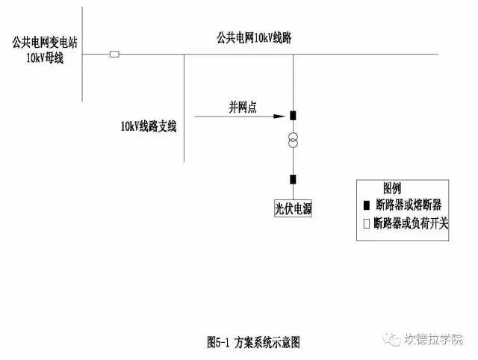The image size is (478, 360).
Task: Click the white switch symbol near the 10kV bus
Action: tap(114, 55)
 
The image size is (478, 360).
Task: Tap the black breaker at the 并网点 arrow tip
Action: tap(293, 116)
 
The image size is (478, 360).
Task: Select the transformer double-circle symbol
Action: tap(293, 140)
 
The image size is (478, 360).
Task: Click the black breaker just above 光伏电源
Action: tap(293, 179)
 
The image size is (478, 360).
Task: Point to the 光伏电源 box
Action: tap(293, 208)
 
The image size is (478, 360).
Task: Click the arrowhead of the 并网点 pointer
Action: tap(279, 116)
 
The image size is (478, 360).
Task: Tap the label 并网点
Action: tap(243, 108)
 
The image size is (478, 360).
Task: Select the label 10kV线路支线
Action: tap(149, 126)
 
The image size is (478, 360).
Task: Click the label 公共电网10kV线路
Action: tap(254, 38)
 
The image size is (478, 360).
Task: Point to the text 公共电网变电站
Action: tap(45, 43)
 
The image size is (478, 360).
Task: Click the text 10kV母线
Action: tap(45, 58)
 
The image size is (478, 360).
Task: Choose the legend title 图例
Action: tap(392, 188)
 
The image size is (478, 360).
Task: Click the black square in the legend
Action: tap(367, 205)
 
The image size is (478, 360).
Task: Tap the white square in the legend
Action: tap(367, 223)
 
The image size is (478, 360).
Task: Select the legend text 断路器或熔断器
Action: tap(409, 205)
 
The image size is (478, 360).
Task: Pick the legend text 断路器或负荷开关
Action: tap(411, 223)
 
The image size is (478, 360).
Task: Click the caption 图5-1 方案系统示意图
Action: tap(253, 342)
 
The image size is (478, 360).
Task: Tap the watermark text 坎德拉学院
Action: tap(433, 339)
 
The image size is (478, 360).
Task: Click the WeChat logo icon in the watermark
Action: tap(392, 339)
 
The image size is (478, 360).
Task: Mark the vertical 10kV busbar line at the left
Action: tap(82, 54)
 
